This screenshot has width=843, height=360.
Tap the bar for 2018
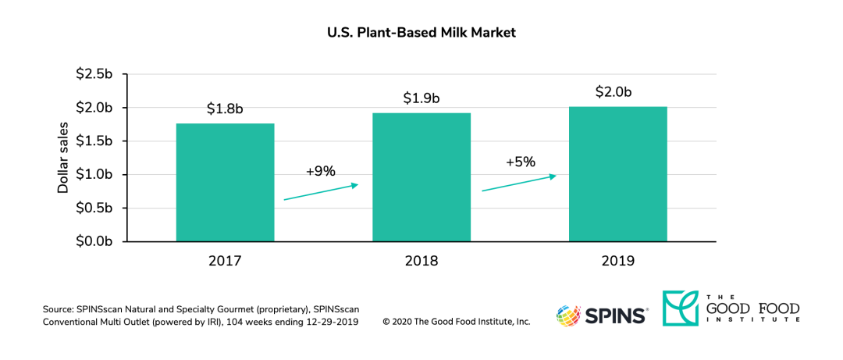coord(421,177)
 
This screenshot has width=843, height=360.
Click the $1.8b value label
coord(225,109)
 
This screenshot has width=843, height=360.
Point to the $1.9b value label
coord(421,98)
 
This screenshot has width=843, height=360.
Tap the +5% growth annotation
coord(520,162)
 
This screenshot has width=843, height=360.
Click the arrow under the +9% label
coord(320,192)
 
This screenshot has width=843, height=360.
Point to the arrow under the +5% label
coord(518,183)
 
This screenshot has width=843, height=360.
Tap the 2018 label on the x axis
coord(421,259)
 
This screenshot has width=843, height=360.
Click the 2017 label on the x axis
coord(225,259)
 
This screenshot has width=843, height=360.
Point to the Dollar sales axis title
coord(63,158)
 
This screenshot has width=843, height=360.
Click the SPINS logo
coord(602,315)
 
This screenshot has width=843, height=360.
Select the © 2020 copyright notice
coord(457,322)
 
